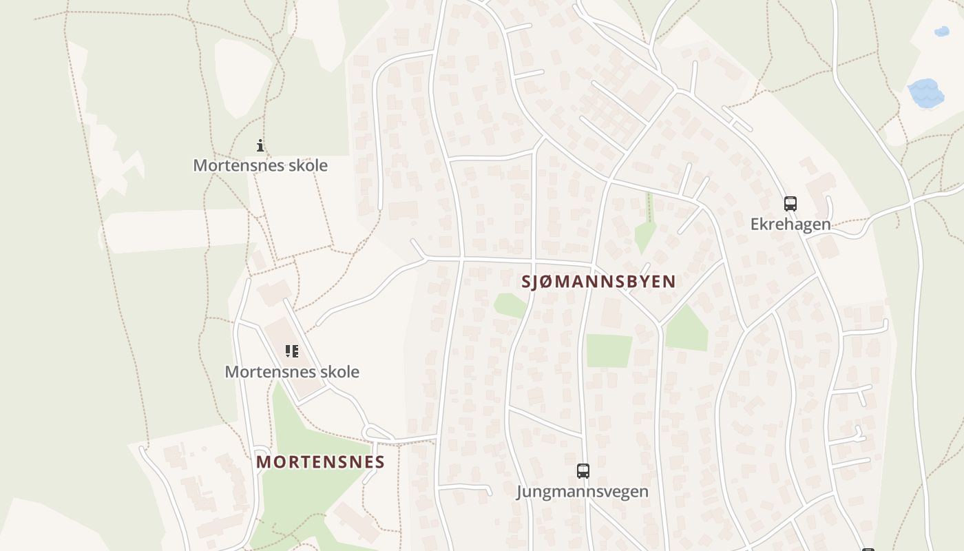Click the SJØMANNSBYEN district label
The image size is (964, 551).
point(598,281)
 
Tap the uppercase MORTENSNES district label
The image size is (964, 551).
point(320,461)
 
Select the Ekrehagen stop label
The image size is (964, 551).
point(790,224)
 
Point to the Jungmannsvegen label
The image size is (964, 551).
point(583,491)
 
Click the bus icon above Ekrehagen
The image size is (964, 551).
point(790,204)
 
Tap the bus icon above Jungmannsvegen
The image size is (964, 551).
point(583,471)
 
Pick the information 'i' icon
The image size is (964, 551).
point(260,145)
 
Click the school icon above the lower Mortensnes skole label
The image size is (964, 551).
point(292,351)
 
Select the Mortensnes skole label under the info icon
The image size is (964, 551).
point(260,165)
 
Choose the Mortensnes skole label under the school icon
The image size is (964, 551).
point(292,371)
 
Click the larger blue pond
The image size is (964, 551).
point(925,93)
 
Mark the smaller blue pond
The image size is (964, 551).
point(941,32)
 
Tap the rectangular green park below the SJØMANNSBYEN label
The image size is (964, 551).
point(609,351)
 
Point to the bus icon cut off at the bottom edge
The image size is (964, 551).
point(868,549)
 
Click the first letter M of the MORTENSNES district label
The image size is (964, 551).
point(263,461)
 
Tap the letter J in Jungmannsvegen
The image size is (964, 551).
point(521,491)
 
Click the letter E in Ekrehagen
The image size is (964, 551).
point(755,224)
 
